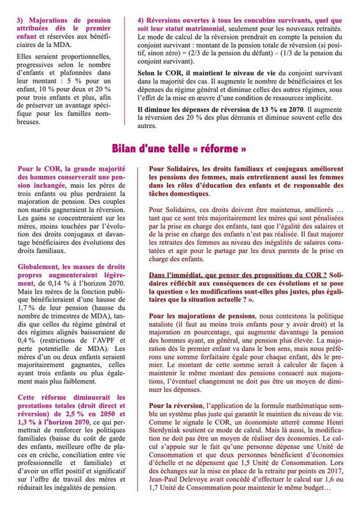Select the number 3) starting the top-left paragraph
[20, 21]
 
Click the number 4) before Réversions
[141, 21]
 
